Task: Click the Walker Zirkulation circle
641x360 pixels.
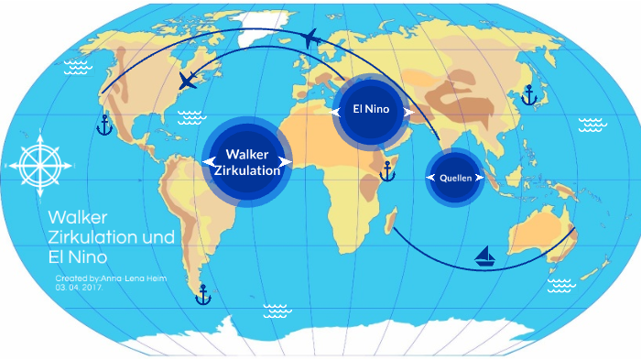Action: [x=246, y=161]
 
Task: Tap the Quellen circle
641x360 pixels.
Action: [x=455, y=178]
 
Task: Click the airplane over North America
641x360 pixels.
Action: [x=188, y=81]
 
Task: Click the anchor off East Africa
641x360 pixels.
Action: [x=387, y=169]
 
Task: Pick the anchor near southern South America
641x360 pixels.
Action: [x=203, y=294]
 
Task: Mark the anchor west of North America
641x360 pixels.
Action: [x=103, y=125]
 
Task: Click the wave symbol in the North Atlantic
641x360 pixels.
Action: [x=190, y=116]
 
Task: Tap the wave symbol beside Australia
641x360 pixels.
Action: [x=560, y=286]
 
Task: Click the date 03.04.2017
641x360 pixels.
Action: [x=78, y=288]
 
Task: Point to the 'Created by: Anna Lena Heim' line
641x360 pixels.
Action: [x=111, y=278]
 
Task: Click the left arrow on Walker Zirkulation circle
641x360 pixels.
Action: [x=206, y=162]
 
